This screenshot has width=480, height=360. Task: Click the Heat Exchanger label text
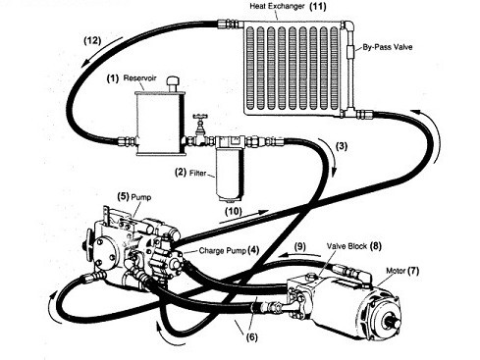tap(277, 6)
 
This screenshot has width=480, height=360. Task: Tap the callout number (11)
tap(317, 6)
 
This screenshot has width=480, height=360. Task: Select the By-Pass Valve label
tap(388, 47)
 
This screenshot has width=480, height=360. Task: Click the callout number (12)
tap(92, 40)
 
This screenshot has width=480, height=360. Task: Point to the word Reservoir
tap(139, 78)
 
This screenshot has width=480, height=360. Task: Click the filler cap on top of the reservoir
tap(172, 84)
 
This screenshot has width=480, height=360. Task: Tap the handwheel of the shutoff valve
tap(198, 117)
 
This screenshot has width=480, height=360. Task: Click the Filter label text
tap(197, 173)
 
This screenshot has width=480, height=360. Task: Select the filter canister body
tap(231, 177)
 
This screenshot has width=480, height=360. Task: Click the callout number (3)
tap(342, 146)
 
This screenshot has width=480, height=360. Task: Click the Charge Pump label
tap(222, 251)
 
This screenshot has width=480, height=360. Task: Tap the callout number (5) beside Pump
tap(123, 197)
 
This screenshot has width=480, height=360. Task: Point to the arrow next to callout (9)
tap(300, 255)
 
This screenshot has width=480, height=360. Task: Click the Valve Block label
tap(347, 246)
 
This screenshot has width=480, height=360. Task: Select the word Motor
tap(396, 271)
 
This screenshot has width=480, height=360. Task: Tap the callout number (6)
tap(251, 336)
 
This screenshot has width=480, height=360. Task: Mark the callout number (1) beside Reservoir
tap(113, 78)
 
